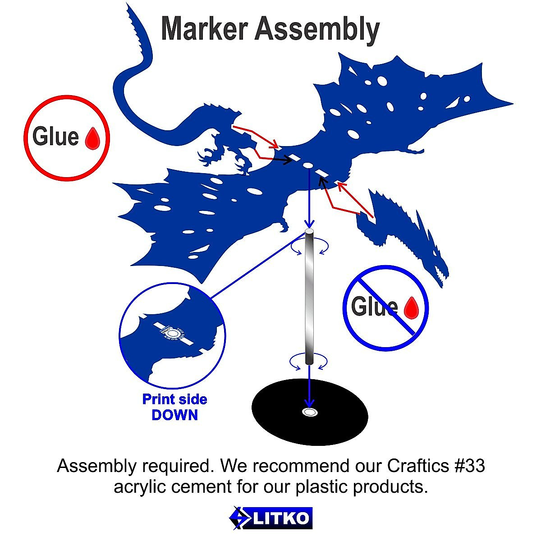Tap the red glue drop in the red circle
tap(95, 138)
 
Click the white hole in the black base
tap(309, 412)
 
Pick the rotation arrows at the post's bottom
tap(309, 362)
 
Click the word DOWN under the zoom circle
tap(175, 415)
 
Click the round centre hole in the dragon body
tap(308, 165)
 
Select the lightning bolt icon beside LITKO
tap(238, 518)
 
